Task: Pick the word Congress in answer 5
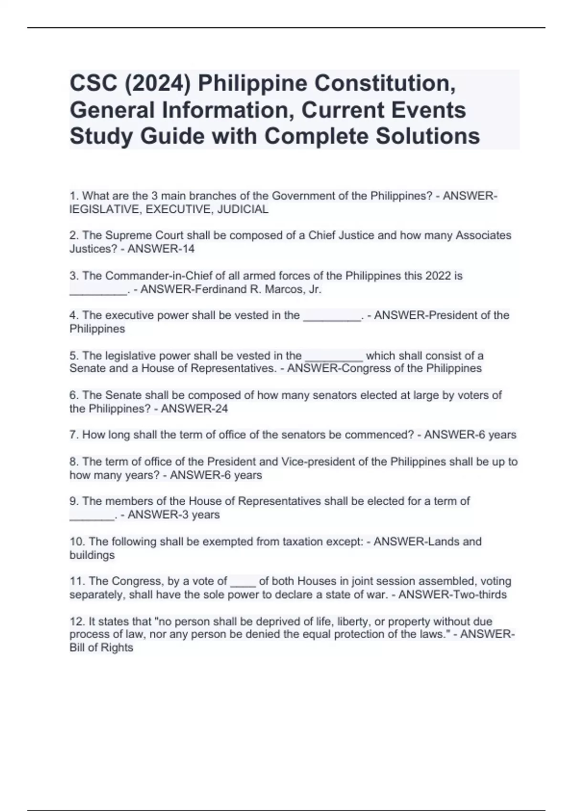pyautogui.click(x=360, y=368)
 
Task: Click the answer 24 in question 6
pyautogui.click(x=221, y=409)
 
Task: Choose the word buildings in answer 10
pyautogui.click(x=92, y=555)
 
